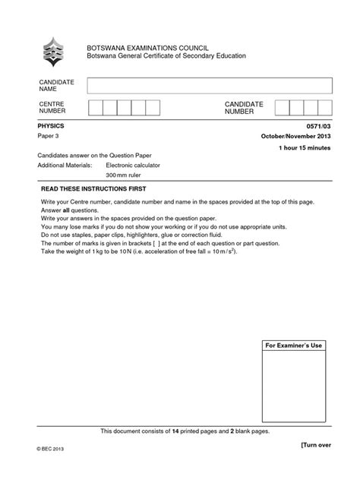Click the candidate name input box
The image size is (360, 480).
tap(208, 86)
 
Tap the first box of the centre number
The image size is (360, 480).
tap(95, 108)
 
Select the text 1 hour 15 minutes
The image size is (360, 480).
tap(305, 148)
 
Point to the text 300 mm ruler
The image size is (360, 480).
tap(125, 175)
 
